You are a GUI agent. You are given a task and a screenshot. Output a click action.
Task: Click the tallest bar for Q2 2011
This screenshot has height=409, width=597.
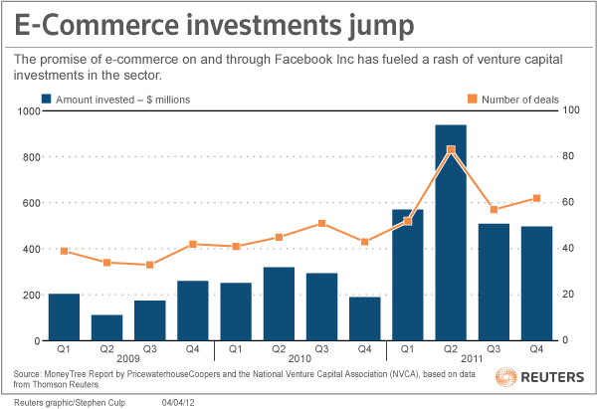pyautogui.click(x=451, y=233)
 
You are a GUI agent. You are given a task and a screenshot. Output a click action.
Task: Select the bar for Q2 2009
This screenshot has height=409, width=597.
pyautogui.click(x=106, y=327)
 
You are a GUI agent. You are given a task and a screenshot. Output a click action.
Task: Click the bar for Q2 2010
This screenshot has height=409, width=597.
pyautogui.click(x=279, y=304)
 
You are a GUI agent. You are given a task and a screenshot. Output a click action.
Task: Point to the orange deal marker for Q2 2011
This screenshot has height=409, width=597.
pyautogui.click(x=451, y=149)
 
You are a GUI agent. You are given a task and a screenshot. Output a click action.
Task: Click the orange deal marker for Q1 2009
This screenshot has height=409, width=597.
pyautogui.click(x=64, y=251)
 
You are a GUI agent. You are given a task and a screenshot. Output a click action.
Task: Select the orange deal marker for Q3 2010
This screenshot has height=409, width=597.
pyautogui.click(x=321, y=224)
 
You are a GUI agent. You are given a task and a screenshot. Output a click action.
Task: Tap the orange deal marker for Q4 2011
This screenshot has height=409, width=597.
pyautogui.click(x=536, y=198)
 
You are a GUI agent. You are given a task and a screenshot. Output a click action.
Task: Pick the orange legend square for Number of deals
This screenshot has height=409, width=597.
pyautogui.click(x=473, y=99)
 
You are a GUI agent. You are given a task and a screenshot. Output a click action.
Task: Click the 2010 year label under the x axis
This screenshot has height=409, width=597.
pyautogui.click(x=299, y=357)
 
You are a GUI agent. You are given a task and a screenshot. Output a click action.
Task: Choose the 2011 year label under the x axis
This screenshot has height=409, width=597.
pyautogui.click(x=471, y=357)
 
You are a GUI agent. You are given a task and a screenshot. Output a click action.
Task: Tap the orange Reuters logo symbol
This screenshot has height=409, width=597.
pyautogui.click(x=504, y=379)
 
